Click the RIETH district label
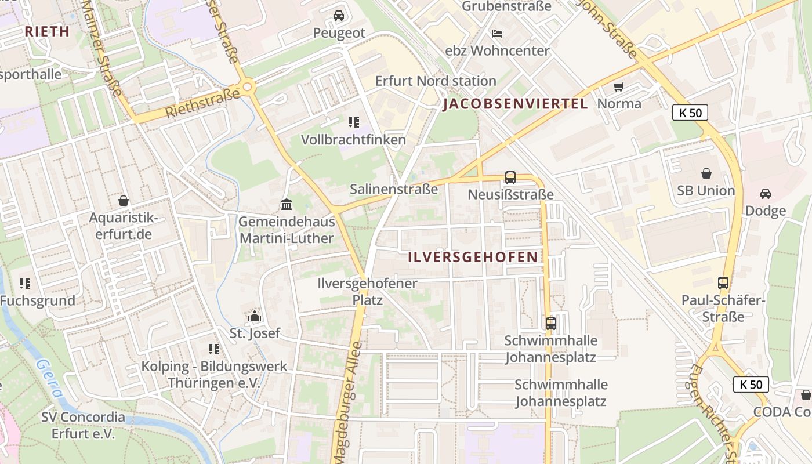point(47,31)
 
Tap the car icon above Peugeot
point(339,16)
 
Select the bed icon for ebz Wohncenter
point(497,33)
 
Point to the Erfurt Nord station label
point(436,81)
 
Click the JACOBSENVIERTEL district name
point(515,104)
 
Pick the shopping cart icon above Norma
point(619,86)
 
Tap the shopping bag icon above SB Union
point(706,173)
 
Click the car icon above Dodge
point(766,193)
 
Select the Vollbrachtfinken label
point(353,140)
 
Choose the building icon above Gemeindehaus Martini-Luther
point(287,204)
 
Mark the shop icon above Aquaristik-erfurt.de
point(123,201)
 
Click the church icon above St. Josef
point(255,316)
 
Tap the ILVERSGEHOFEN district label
point(473,257)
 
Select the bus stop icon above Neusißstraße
point(510,177)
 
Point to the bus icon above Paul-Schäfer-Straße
point(723,283)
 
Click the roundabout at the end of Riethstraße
point(248,88)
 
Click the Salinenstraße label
point(394,189)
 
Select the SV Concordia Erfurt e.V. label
point(83,425)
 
